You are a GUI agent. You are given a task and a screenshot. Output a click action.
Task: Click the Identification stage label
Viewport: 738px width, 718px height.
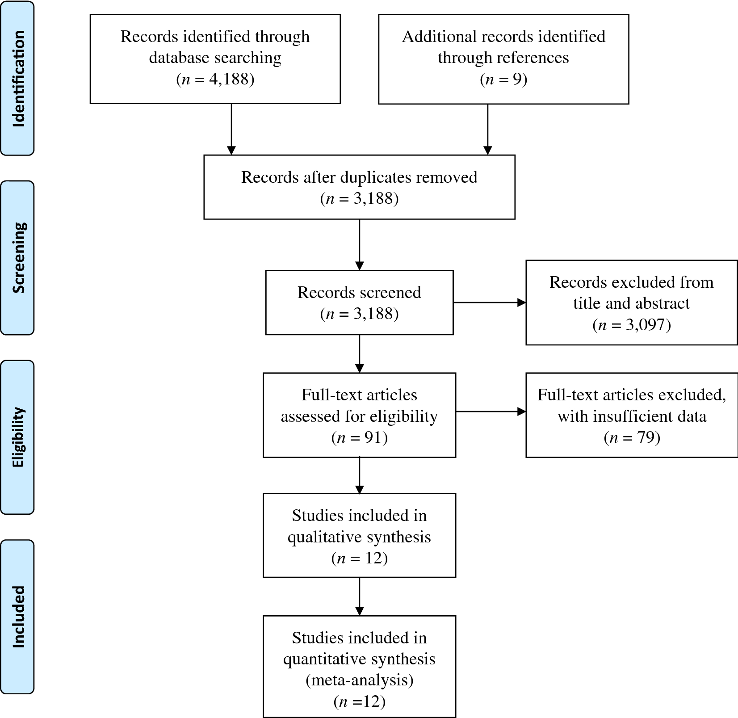18,79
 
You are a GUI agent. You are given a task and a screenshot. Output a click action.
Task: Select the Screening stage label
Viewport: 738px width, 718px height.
18,258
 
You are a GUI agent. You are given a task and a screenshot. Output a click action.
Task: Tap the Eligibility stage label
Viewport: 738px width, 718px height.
18,437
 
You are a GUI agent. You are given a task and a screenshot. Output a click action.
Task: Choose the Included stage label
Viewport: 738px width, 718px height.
18,617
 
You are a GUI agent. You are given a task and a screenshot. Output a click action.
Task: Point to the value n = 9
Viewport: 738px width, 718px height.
503,79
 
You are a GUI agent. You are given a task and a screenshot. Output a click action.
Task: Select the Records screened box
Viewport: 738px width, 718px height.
359,302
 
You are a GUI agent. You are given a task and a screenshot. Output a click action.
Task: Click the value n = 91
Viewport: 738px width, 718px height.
359,437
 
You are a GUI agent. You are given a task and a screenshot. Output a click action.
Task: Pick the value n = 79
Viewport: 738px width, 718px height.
632,437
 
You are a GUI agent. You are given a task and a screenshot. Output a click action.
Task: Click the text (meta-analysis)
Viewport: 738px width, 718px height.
359,680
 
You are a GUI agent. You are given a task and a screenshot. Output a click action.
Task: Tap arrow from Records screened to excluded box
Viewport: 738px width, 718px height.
489,302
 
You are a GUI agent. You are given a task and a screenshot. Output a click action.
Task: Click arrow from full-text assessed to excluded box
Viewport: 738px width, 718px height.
491,411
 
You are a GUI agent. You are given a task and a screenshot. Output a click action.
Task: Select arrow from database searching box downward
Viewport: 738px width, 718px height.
231,130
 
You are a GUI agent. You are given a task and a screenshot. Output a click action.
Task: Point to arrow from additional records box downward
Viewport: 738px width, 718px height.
487,130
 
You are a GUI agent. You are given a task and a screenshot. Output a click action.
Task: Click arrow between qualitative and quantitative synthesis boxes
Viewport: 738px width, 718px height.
359,596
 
